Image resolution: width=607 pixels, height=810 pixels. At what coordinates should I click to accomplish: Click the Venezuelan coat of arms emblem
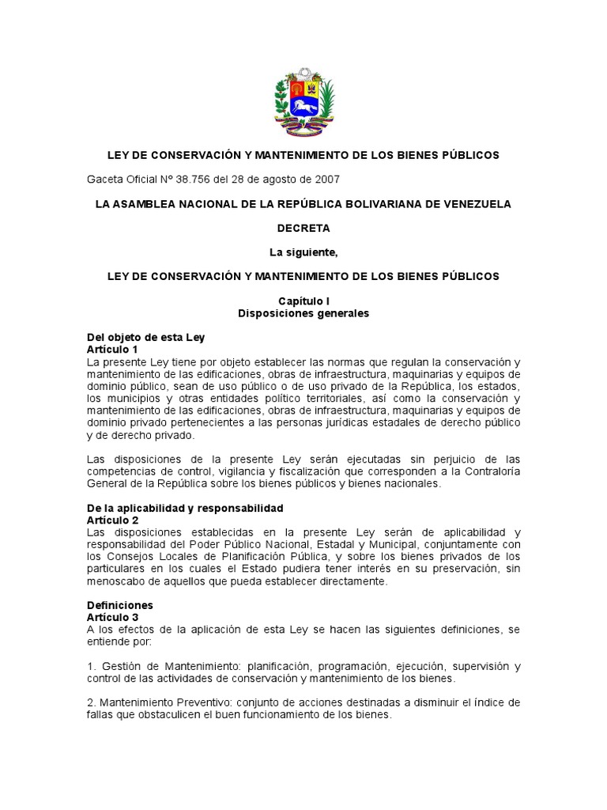click(303, 103)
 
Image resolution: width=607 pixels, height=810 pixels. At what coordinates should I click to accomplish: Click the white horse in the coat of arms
click(303, 105)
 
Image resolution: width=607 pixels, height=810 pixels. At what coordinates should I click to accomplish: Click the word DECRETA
click(303, 228)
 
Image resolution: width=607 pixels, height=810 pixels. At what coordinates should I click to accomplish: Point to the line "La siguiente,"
click(303, 252)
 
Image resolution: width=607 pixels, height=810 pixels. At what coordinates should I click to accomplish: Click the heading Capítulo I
click(303, 301)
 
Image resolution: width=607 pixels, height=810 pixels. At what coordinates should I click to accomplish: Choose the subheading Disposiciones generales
click(303, 313)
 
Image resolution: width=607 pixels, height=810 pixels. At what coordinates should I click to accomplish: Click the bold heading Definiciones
click(119, 605)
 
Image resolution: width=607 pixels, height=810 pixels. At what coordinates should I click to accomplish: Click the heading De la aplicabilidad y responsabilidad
click(184, 508)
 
